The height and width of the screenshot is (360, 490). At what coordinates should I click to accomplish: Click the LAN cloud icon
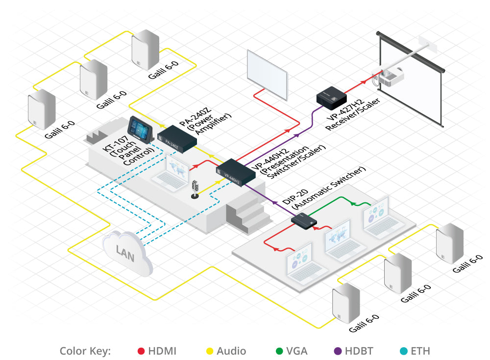pyautogui.click(x=126, y=251)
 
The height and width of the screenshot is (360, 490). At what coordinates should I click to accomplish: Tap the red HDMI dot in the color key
pyautogui.click(x=141, y=351)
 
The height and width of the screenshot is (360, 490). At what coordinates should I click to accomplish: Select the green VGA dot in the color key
pyautogui.click(x=280, y=351)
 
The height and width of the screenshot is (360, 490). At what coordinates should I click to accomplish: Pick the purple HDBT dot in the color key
pyautogui.click(x=338, y=351)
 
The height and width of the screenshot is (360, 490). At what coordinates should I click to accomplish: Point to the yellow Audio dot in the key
pyautogui.click(x=209, y=351)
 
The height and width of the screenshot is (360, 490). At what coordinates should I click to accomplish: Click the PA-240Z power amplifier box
pyautogui.click(x=176, y=138)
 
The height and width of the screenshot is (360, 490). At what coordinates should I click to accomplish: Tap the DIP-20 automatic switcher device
pyautogui.click(x=304, y=220)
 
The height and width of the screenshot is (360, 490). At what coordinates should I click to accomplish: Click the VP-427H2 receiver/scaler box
pyautogui.click(x=332, y=97)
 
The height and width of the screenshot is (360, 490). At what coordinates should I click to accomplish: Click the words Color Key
pyautogui.click(x=86, y=351)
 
